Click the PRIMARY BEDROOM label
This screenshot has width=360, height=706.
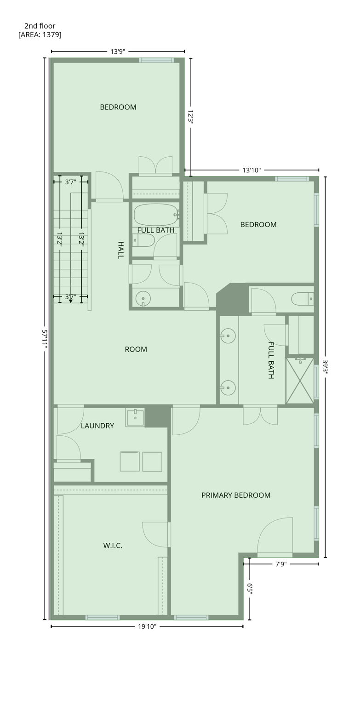coord(236,495)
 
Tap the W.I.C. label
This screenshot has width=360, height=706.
coord(113,546)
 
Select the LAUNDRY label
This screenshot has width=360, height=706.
coord(97,426)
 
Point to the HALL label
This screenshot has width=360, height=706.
coord(120,250)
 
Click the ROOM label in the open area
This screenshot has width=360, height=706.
coord(136,349)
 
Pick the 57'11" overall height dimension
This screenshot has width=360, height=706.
coord(45,339)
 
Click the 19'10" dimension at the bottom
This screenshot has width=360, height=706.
coord(147,626)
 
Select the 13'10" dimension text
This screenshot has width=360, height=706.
coord(251,170)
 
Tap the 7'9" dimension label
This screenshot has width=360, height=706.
coord(281,564)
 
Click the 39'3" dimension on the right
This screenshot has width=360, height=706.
coord(325,367)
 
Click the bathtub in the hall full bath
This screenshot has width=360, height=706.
coord(155,215)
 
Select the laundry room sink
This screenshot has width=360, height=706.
coord(135,417)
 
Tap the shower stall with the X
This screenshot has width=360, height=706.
coord(300,381)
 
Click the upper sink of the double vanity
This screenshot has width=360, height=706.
coord(228,336)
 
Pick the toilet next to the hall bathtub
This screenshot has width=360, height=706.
coord(143,240)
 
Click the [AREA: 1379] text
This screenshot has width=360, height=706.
coord(40,34)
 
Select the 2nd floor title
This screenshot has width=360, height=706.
coord(40,26)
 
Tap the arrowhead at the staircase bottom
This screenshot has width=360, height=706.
coord(71,301)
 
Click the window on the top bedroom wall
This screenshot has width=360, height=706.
coord(156,60)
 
